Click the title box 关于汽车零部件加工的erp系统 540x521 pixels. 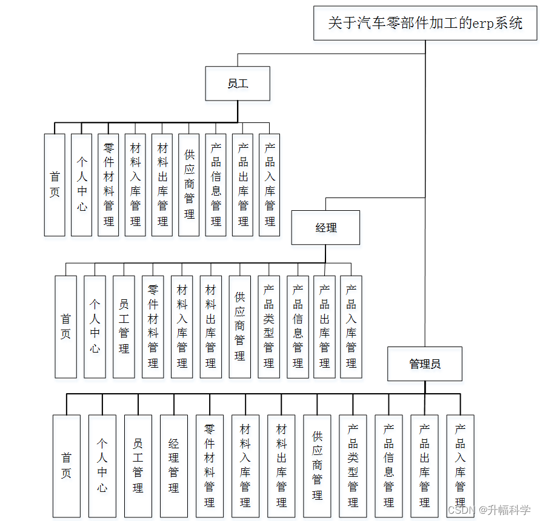click(x=425, y=23)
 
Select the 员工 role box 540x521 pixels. click(x=238, y=84)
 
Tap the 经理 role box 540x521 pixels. click(x=325, y=228)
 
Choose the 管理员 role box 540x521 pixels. click(x=424, y=363)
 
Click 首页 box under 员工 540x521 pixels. click(x=55, y=185)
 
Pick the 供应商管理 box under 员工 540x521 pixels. click(x=190, y=185)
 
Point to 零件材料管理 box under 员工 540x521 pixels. click(x=108, y=185)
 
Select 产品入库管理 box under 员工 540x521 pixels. click(x=270, y=185)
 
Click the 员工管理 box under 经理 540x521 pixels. click(x=124, y=327)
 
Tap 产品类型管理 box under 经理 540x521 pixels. click(x=268, y=327)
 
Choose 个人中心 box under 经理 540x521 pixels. click(x=95, y=327)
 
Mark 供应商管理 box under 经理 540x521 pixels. click(x=240, y=327)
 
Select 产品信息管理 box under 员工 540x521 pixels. click(x=216, y=185)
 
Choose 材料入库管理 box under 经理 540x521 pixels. click(x=182, y=327)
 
